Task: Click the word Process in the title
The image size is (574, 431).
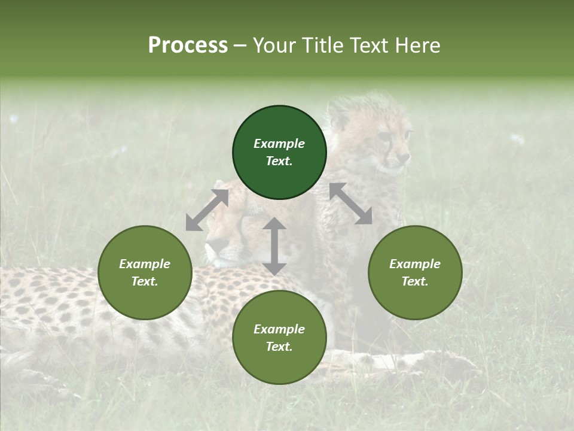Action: pos(188,45)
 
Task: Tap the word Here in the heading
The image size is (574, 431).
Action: pos(416,45)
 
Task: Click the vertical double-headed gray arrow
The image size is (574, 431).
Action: pos(274,246)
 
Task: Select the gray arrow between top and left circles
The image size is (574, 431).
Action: pos(207,210)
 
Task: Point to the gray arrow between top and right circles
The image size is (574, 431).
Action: pos(351,204)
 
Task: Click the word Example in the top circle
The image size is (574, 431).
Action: pos(279,144)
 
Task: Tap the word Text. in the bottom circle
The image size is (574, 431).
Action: pos(279,347)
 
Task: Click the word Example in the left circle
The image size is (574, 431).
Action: pos(145,264)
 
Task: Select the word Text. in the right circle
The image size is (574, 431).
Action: pos(415,281)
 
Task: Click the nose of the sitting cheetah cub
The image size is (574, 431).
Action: pos(406,157)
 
